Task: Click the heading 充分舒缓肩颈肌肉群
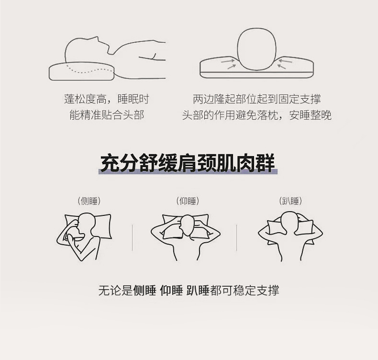[188, 163]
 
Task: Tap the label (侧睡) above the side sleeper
[89, 201]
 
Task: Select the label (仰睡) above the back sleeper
[188, 201]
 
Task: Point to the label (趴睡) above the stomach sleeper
[290, 201]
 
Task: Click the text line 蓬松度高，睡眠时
[107, 99]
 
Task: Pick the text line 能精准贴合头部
[107, 115]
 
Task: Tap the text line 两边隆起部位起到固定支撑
[257, 99]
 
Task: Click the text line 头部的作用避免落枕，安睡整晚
[257, 115]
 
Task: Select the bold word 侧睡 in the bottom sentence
[145, 290]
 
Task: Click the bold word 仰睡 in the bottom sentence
[171, 290]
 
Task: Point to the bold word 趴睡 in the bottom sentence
[198, 290]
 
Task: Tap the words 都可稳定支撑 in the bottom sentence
[245, 290]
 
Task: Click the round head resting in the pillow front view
[257, 49]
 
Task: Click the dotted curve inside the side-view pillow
[90, 70]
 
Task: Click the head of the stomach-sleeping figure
[290, 222]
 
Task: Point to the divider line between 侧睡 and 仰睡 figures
[133, 238]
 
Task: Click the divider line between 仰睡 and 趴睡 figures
[236, 238]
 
